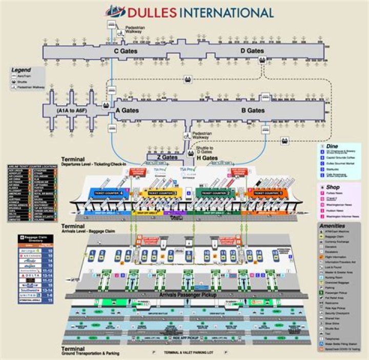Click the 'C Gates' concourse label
coord(124,51)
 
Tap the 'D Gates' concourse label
coord(252,51)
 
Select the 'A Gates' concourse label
coord(128,110)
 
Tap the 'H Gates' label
coord(207,157)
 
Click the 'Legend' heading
coord(22,70)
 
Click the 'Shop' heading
coord(333,187)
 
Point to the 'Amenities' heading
coord(335,226)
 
